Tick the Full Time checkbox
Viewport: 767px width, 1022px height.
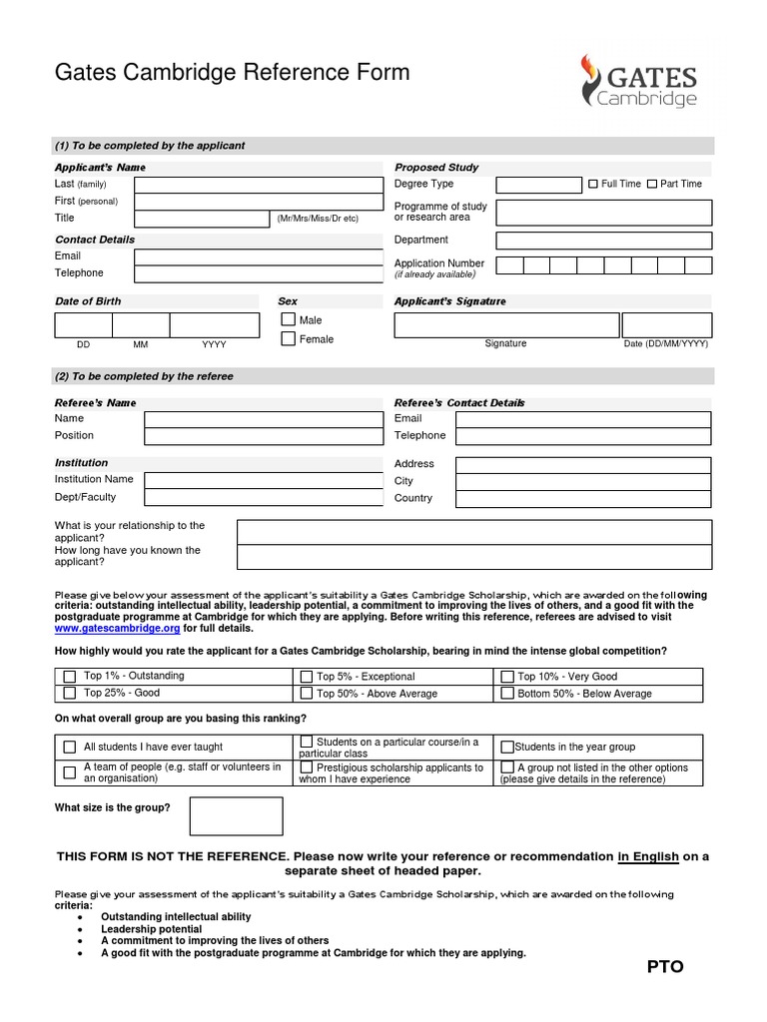(x=592, y=184)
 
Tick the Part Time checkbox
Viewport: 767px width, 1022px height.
(x=652, y=184)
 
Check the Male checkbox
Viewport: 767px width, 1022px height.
(x=289, y=319)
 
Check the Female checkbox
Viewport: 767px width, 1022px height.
(x=289, y=339)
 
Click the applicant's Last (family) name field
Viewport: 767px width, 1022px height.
(x=259, y=185)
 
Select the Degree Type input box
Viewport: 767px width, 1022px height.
(x=538, y=185)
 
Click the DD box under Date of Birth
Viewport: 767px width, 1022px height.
(x=83, y=325)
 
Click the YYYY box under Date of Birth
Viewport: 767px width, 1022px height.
(x=213, y=325)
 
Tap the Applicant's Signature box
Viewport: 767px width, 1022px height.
(x=505, y=325)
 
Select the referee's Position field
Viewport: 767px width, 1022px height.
(x=264, y=436)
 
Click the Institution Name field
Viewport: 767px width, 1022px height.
(x=264, y=480)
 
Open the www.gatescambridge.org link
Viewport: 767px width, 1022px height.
(x=117, y=629)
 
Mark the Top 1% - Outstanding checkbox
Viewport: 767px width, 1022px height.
(x=70, y=677)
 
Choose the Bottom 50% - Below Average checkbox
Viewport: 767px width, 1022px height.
(x=507, y=693)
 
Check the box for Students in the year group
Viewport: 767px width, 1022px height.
(x=507, y=747)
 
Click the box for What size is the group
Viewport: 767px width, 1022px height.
(x=236, y=815)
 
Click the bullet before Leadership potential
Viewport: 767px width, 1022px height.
(x=79, y=929)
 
